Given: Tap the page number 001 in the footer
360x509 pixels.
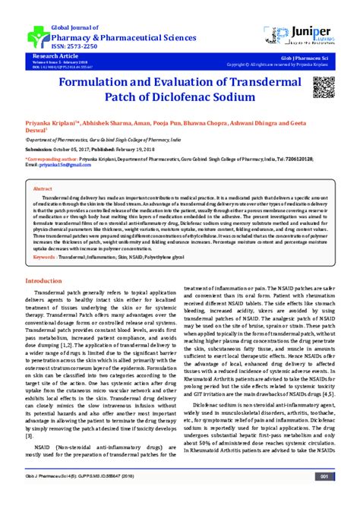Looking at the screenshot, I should coord(324,497).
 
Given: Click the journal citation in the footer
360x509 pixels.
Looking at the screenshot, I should coord(84,497).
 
